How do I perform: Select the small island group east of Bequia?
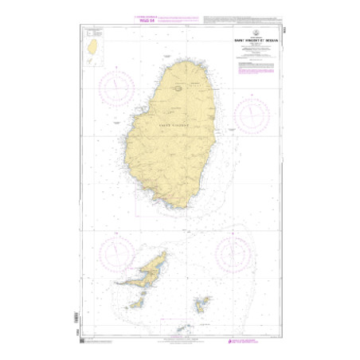coord(202,304)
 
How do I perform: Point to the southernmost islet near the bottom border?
coord(182,327)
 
